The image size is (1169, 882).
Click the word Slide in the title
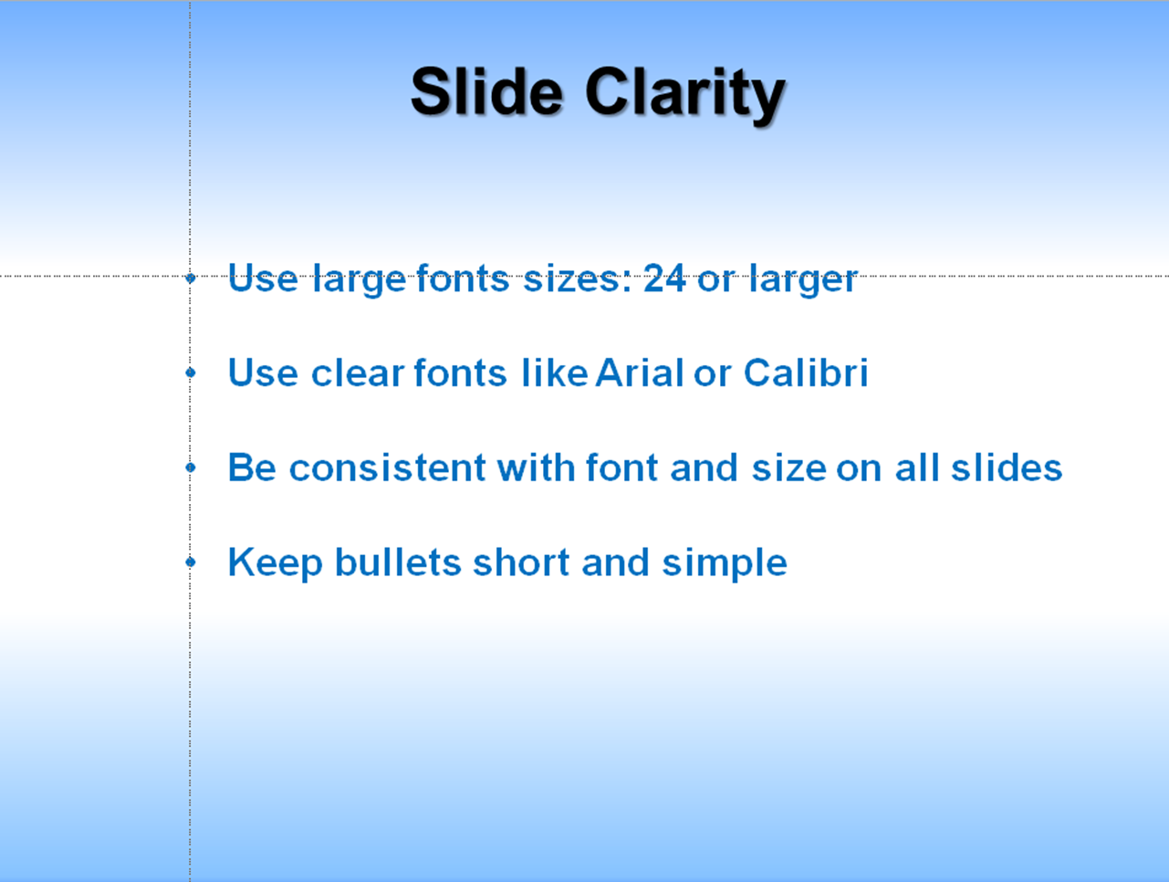[x=486, y=91]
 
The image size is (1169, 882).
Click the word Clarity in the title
[x=685, y=96]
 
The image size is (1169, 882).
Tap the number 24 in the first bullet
[x=664, y=278]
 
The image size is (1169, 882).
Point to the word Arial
[x=639, y=373]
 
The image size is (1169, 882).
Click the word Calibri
[x=806, y=372]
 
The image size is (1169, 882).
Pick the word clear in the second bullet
[x=358, y=373]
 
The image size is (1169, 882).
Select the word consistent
[x=387, y=467]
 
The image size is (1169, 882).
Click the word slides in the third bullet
[x=1006, y=467]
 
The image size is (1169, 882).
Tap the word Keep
[x=276, y=563]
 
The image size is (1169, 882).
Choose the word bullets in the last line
[x=398, y=562]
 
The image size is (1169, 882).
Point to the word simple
[x=725, y=564]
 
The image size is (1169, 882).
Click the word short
[x=521, y=562]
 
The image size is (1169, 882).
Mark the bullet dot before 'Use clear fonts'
[x=191, y=373]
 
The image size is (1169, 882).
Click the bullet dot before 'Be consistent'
[x=191, y=467]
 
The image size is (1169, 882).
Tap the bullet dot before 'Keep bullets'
[x=191, y=562]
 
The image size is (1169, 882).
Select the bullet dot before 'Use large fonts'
[x=191, y=277]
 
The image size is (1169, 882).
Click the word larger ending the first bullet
[x=803, y=279]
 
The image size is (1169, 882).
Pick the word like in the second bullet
[x=555, y=373]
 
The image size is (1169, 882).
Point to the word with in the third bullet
[x=536, y=467]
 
